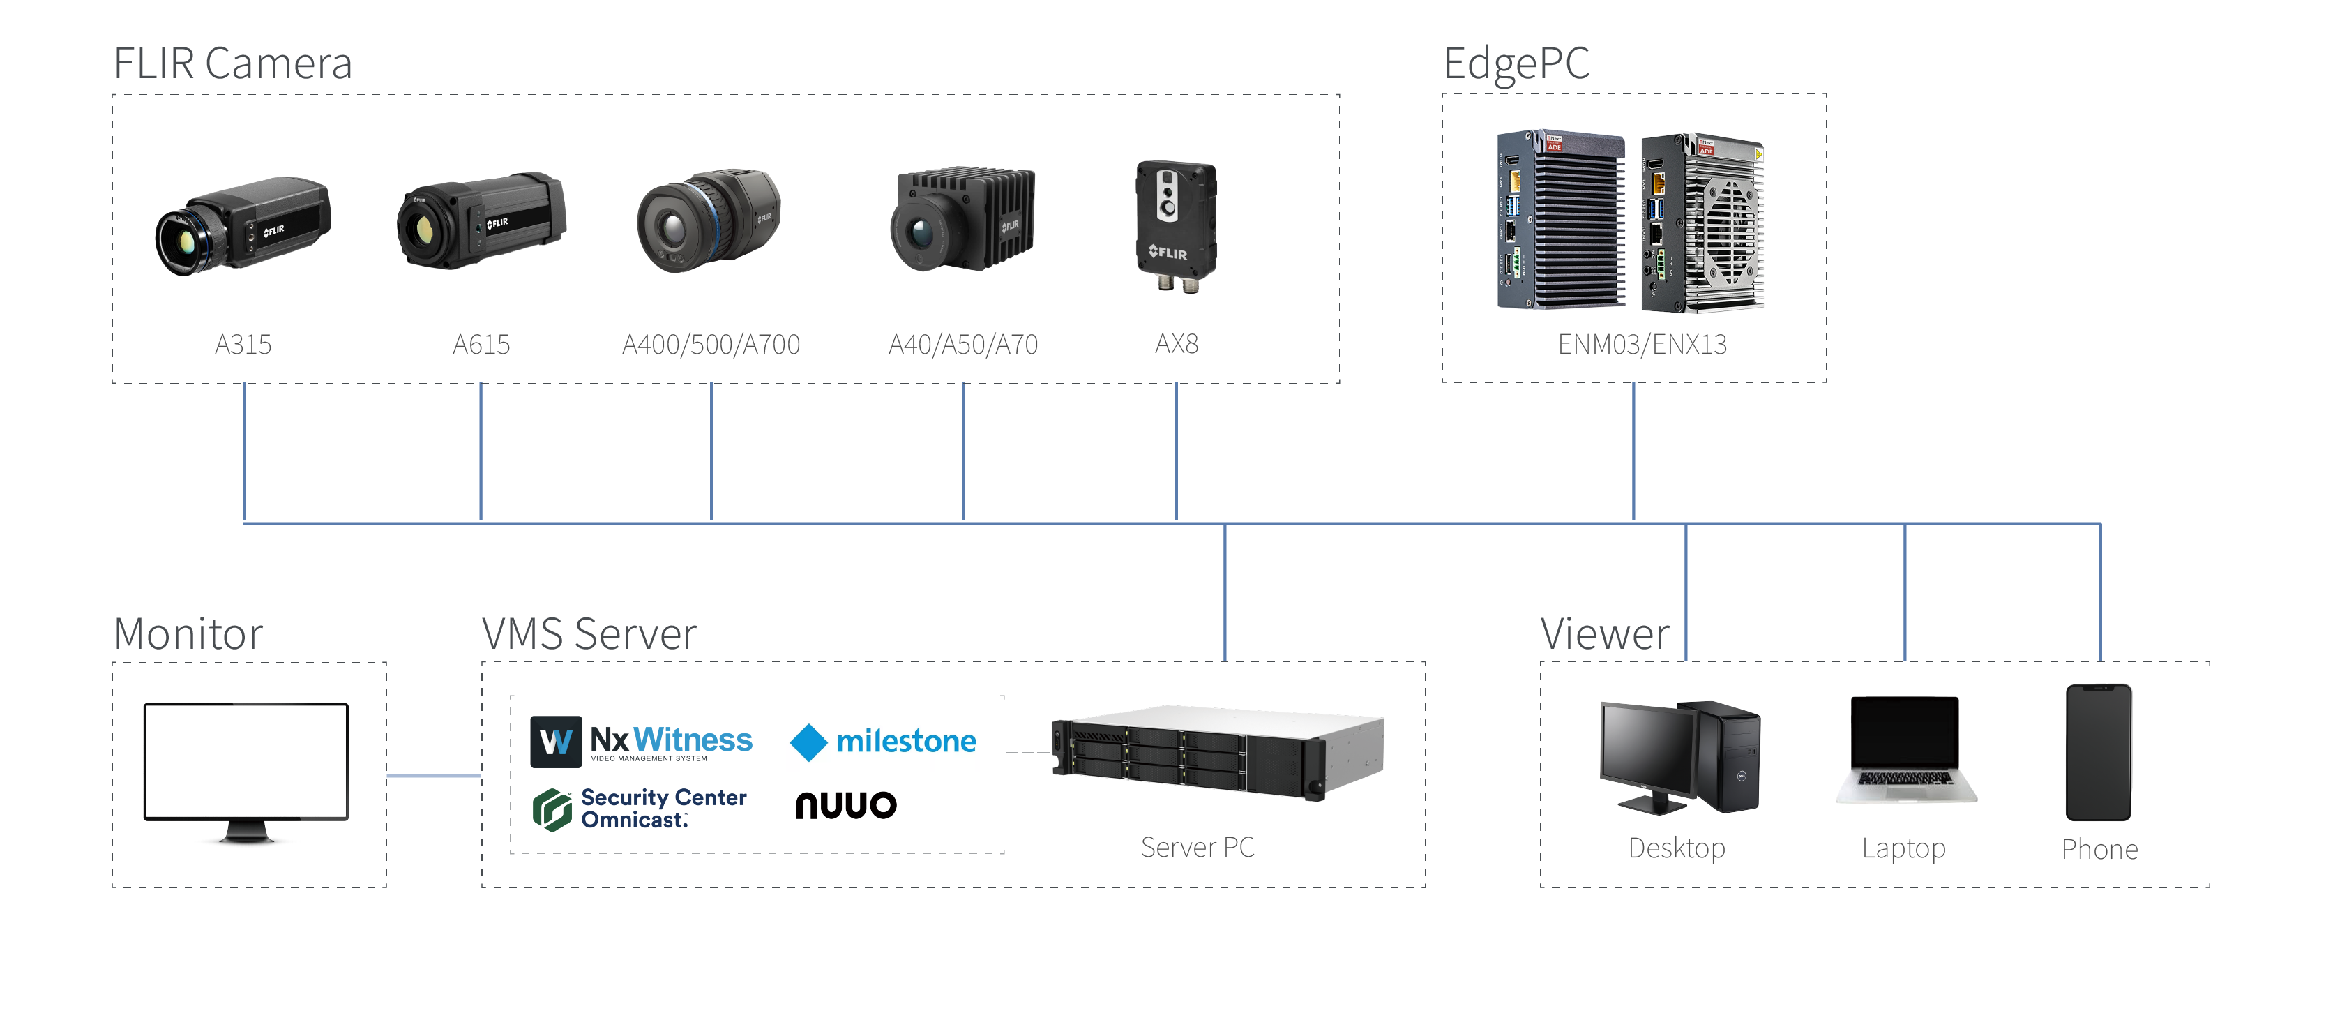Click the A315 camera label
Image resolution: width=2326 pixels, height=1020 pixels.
(243, 344)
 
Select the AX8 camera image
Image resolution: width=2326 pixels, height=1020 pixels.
(1176, 225)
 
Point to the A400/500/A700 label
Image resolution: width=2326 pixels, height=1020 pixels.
(711, 344)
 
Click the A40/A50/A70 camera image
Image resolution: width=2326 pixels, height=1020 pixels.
(962, 220)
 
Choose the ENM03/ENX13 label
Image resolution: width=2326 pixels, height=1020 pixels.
(1642, 344)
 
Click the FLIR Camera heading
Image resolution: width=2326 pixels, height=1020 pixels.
(232, 63)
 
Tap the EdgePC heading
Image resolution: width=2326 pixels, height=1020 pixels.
(1516, 63)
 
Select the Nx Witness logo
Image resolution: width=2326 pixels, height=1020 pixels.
(641, 742)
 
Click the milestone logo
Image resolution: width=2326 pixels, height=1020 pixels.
(883, 742)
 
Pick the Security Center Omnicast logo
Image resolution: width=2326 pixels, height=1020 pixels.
(640, 809)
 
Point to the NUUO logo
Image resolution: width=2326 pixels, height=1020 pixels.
(846, 805)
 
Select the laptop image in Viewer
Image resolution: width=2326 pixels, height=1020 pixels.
(1905, 749)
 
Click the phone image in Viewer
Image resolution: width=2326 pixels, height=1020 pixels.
(2099, 751)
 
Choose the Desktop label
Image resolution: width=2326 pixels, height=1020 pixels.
(1677, 848)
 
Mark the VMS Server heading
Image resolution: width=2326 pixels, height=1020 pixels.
(589, 633)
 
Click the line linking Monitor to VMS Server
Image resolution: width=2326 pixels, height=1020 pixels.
(433, 775)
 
